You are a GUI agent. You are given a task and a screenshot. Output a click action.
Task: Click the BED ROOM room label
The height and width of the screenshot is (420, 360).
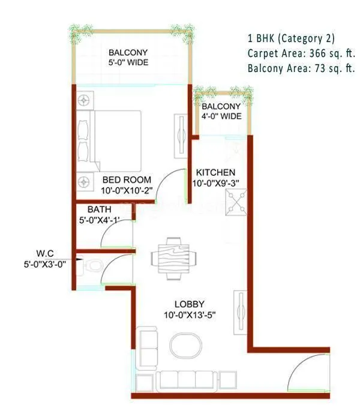(x=127, y=179)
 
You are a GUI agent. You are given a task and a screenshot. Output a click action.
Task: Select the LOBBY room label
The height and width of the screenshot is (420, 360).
(x=189, y=304)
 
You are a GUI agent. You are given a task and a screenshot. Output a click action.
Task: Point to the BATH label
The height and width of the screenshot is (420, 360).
(x=98, y=209)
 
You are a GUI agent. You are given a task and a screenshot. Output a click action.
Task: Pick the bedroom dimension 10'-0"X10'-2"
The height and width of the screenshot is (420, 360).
(x=127, y=190)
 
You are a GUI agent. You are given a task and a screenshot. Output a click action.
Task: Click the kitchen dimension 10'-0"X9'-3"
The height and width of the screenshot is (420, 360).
(x=218, y=184)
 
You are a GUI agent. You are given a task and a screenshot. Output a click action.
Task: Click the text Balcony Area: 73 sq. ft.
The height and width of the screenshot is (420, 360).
(x=301, y=68)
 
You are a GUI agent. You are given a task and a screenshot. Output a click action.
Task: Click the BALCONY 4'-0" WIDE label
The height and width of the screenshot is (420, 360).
(x=221, y=111)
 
